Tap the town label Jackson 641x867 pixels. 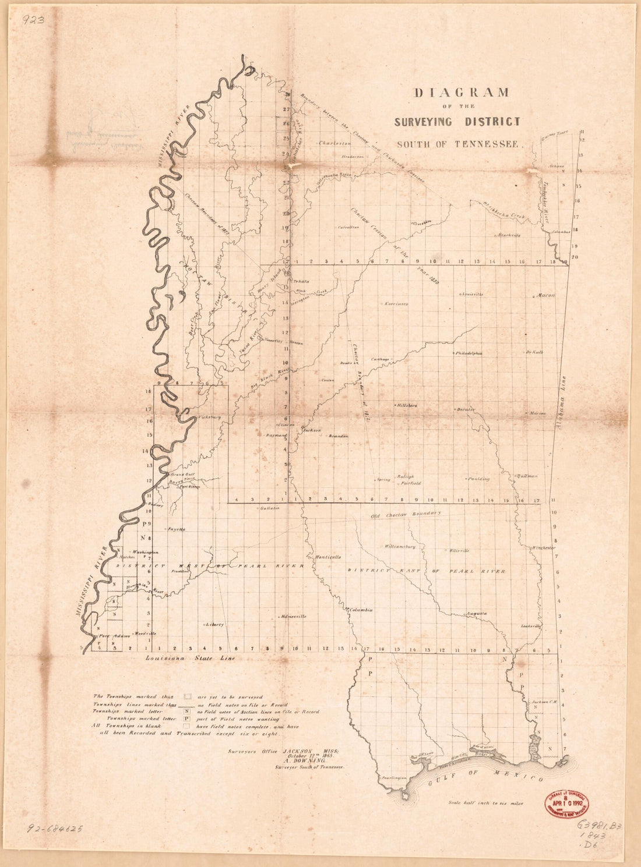click(312, 430)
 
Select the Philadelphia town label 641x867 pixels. click(469, 353)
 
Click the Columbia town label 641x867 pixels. click(361, 610)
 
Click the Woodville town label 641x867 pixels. click(146, 633)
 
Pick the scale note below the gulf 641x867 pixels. click(485, 803)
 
